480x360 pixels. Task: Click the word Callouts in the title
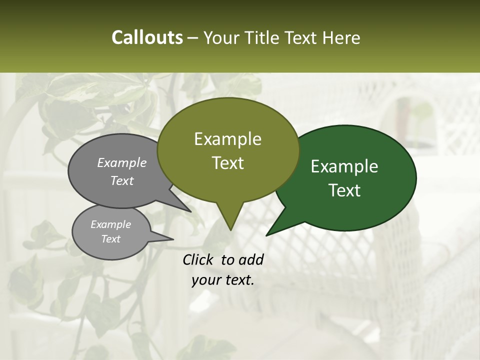tap(147, 37)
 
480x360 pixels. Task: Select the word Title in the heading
tap(264, 38)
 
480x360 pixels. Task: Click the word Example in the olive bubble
tap(228, 139)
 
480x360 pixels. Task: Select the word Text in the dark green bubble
tap(345, 190)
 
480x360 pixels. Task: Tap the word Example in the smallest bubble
tap(110, 224)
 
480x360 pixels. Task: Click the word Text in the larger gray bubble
tap(122, 180)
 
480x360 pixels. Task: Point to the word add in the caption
tap(251, 259)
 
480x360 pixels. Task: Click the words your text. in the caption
tap(223, 280)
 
